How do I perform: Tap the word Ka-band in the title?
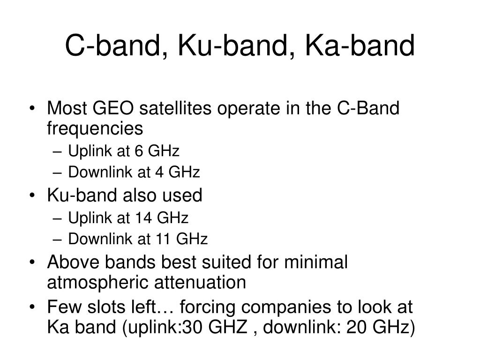(x=360, y=45)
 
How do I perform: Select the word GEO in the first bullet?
(x=112, y=108)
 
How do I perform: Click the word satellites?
(x=175, y=108)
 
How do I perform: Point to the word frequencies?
(x=95, y=128)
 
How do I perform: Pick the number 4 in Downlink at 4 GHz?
(x=159, y=172)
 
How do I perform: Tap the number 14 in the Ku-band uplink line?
(x=143, y=218)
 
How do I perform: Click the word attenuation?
(x=200, y=282)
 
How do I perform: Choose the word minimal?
(x=316, y=262)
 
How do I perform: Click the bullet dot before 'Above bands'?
(x=32, y=262)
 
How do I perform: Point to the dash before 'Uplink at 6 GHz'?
(x=57, y=152)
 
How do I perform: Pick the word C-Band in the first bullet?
(x=368, y=108)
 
